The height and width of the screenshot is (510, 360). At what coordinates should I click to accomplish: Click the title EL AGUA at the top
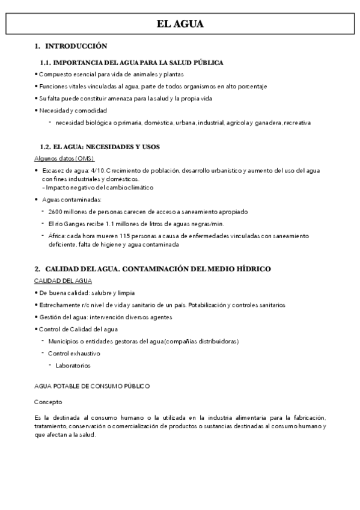tap(180, 24)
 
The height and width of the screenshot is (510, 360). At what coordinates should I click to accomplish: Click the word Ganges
tap(78, 224)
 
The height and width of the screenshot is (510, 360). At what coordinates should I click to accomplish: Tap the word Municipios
tap(68, 341)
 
